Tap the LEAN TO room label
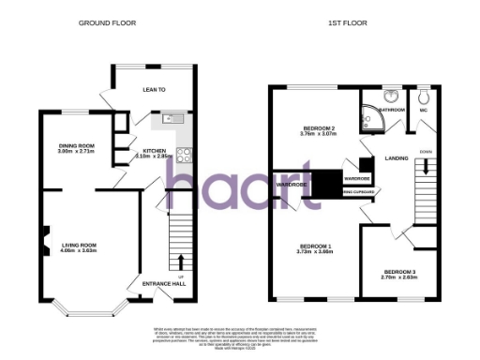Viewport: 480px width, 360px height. pyautogui.click(x=154, y=90)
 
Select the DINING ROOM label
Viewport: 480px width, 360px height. pyautogui.click(x=77, y=145)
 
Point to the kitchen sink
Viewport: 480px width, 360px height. pyautogui.click(x=173, y=118)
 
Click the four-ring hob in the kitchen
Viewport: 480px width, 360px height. pyautogui.click(x=185, y=157)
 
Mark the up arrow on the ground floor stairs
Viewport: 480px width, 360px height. pyautogui.click(x=180, y=259)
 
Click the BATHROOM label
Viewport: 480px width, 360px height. pyautogui.click(x=391, y=110)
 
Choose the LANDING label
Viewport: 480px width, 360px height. pyautogui.click(x=397, y=158)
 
